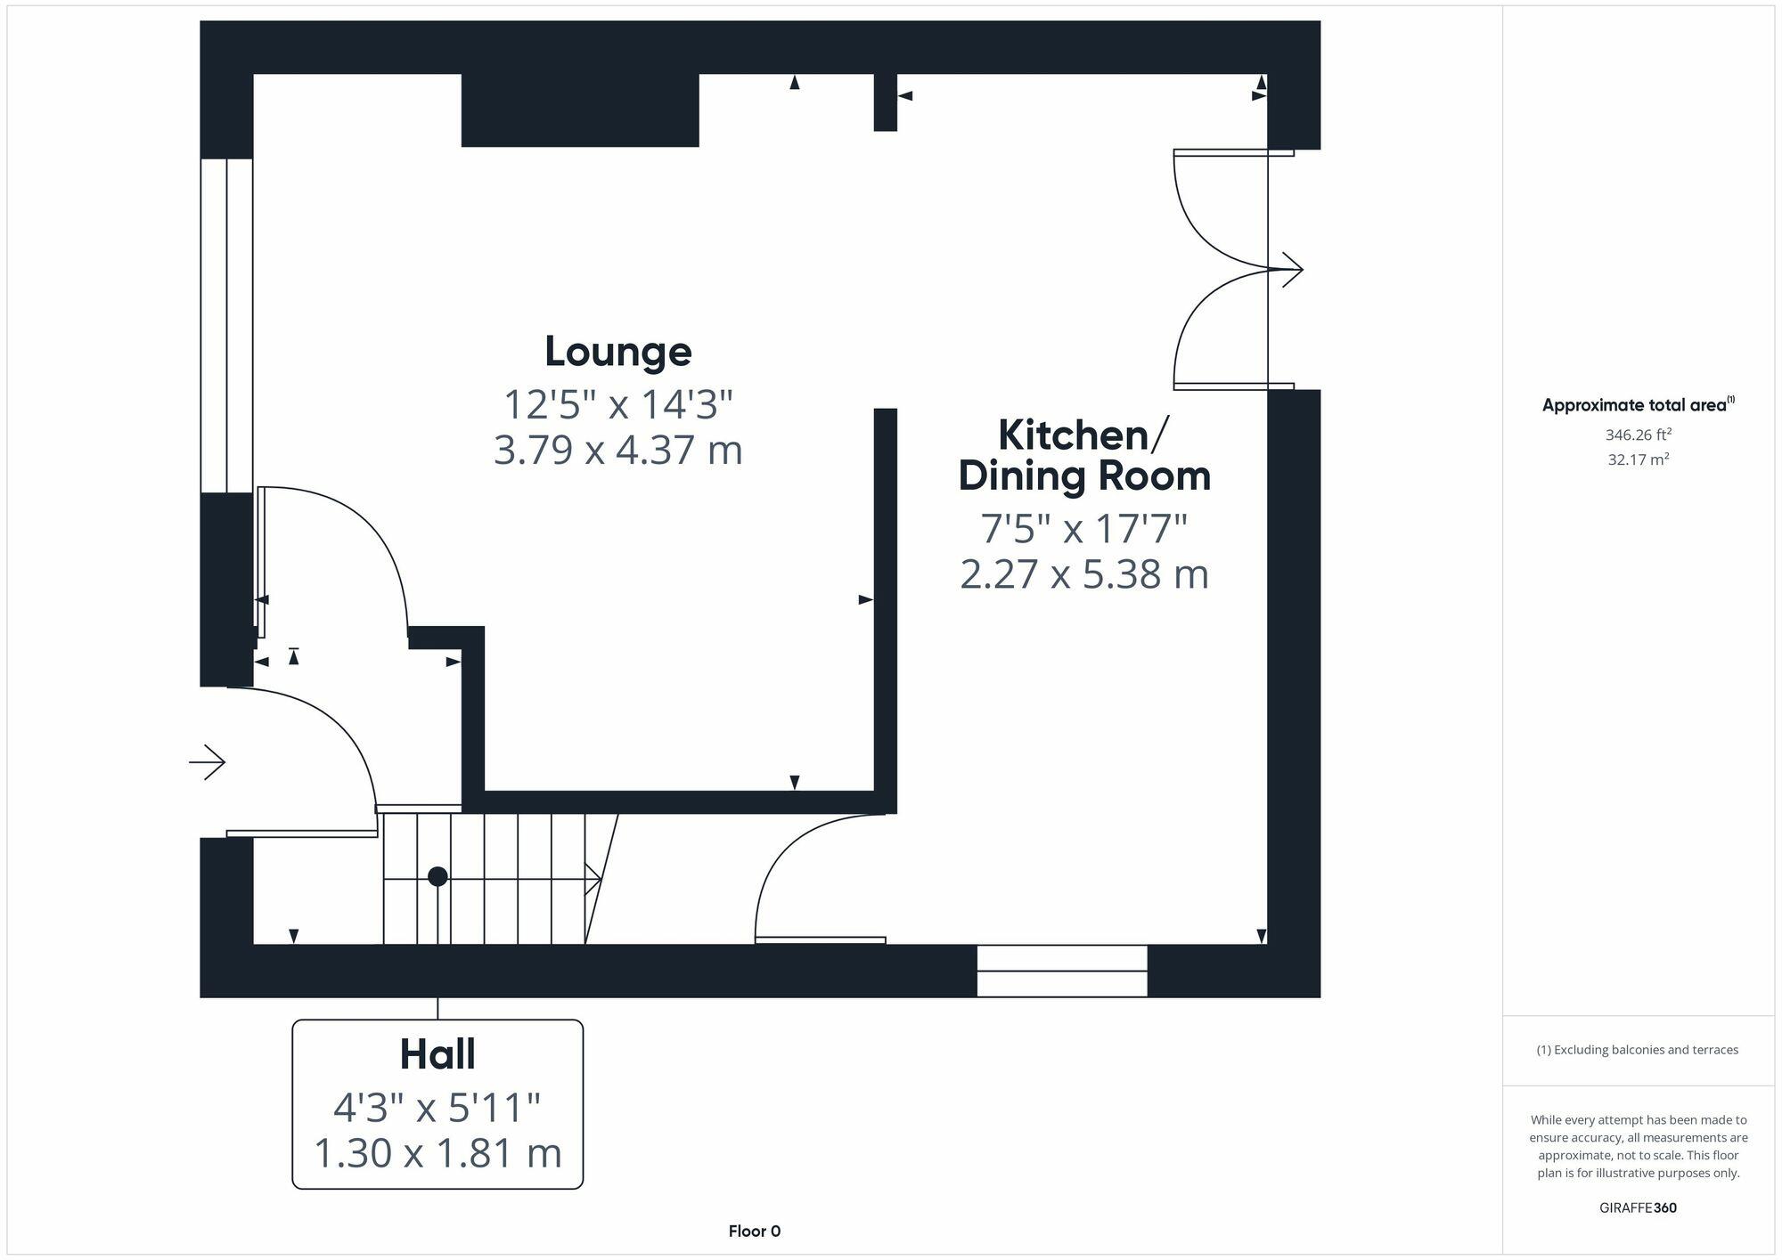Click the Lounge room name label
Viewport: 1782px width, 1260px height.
pos(618,352)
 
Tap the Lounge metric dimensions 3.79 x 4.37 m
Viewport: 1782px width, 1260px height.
pos(618,450)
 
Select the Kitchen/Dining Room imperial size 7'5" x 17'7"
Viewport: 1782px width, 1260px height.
pos(1084,529)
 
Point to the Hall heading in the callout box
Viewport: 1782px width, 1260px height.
pos(437,1054)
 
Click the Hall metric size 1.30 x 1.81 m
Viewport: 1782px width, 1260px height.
pos(437,1154)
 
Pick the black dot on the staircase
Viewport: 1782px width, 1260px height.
pos(437,877)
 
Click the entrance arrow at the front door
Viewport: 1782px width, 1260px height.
pos(208,762)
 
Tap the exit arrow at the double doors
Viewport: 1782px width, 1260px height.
pos(1292,269)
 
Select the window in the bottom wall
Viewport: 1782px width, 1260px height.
pos(1062,971)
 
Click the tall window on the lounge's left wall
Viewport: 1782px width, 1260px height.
pos(227,326)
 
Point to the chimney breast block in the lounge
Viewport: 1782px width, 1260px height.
pos(580,110)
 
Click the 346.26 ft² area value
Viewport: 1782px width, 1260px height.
pos(1639,435)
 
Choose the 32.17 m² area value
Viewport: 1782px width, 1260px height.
pos(1639,460)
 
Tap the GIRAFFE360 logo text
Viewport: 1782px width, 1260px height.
pos(1639,1208)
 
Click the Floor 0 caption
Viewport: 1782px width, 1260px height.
pos(755,1232)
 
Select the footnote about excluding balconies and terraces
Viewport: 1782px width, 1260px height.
pos(1638,1050)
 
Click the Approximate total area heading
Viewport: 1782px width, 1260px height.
pos(1638,405)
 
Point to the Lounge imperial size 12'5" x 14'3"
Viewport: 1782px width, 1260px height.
pos(618,405)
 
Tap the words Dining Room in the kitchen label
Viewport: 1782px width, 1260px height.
pos(1084,476)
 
